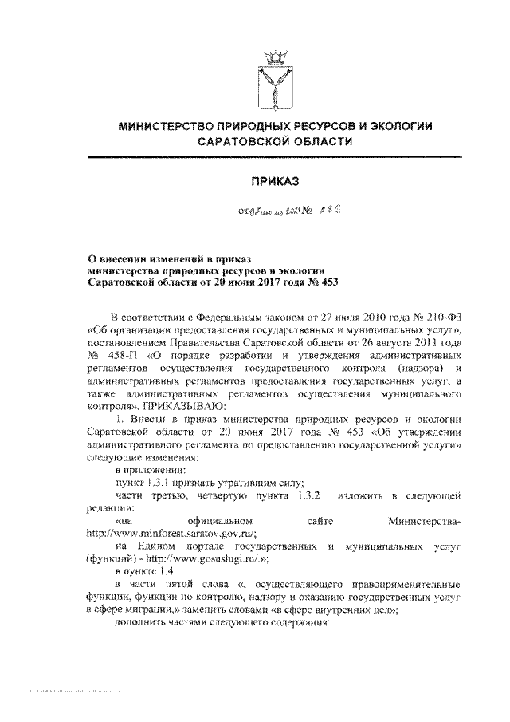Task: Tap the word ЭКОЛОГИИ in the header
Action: click(398, 126)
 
